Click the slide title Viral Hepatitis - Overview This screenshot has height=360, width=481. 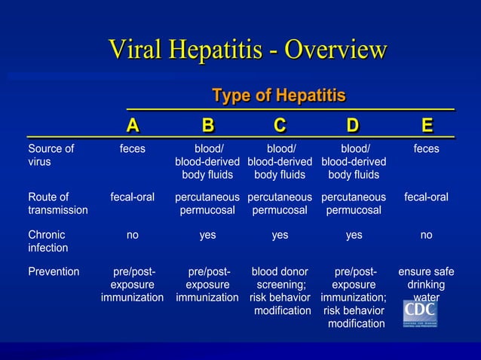[247, 50]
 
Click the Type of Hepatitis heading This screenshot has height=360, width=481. [279, 96]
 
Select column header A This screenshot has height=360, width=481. [132, 124]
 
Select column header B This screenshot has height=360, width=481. [207, 124]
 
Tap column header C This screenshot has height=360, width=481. [280, 124]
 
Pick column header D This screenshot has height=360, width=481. [352, 124]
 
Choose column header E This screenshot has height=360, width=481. [427, 124]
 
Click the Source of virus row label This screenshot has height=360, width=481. [51, 155]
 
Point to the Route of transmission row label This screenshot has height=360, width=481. [57, 203]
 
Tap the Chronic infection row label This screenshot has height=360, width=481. [47, 241]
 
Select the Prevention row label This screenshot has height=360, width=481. [53, 271]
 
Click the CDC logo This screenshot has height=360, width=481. [421, 313]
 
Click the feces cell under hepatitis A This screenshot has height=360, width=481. [133, 149]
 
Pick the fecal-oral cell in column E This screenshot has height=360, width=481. [426, 197]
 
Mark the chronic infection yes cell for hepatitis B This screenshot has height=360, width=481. [207, 235]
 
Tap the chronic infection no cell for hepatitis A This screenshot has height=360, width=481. [133, 235]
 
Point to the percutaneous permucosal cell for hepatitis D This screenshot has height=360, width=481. [353, 203]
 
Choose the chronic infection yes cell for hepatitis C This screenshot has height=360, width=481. [280, 235]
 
